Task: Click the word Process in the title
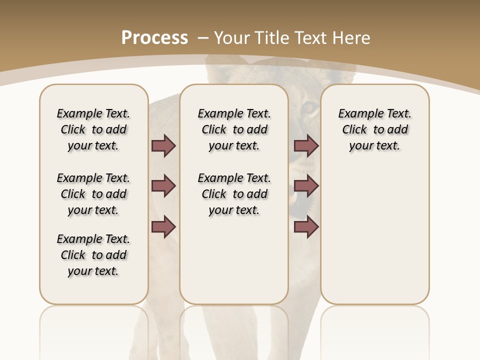(x=154, y=38)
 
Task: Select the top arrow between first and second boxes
(x=163, y=146)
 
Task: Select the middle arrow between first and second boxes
(x=163, y=186)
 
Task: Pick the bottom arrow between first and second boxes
(x=163, y=227)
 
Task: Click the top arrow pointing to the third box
(x=306, y=146)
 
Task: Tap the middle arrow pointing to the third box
(x=306, y=186)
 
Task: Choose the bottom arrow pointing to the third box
(x=306, y=227)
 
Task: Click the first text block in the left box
(x=93, y=129)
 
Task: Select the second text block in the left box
(x=93, y=194)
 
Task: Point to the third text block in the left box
(x=93, y=255)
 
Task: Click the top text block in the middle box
(x=234, y=129)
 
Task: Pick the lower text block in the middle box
(x=234, y=194)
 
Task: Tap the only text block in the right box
(x=374, y=129)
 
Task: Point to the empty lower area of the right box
(x=374, y=235)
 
